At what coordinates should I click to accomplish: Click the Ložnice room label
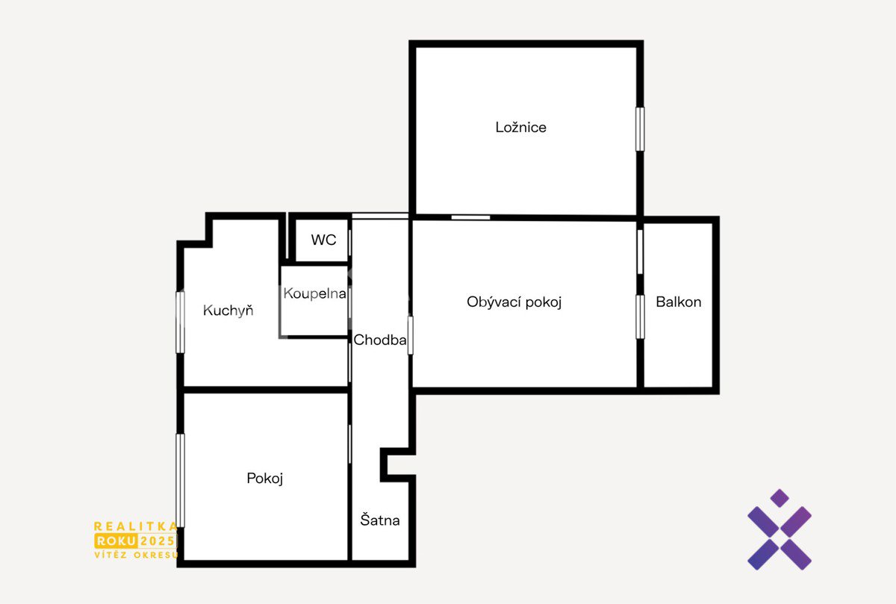(x=520, y=127)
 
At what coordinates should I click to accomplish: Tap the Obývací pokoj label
(x=514, y=302)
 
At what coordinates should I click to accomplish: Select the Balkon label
(x=679, y=302)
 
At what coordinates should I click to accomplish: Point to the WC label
(x=323, y=240)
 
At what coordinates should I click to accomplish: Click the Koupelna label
(x=314, y=293)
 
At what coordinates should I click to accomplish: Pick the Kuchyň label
(x=228, y=311)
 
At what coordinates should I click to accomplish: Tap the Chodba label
(x=379, y=340)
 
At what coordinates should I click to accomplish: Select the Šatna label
(x=379, y=520)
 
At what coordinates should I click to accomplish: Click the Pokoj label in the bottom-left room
(x=265, y=479)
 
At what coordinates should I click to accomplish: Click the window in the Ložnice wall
(x=640, y=129)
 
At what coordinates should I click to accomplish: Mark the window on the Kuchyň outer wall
(x=181, y=323)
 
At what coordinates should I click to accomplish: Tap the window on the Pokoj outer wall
(x=181, y=480)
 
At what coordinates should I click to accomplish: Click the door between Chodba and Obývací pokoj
(x=411, y=335)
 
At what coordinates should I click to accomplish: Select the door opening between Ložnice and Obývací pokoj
(x=471, y=217)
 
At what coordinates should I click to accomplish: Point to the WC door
(x=350, y=243)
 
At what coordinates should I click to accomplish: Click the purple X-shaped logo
(x=780, y=529)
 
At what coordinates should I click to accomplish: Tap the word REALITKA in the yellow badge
(x=136, y=526)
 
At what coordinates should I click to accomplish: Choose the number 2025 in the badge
(x=158, y=541)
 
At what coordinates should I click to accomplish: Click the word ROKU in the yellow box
(x=116, y=541)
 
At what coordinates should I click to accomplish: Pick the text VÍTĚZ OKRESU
(x=136, y=555)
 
